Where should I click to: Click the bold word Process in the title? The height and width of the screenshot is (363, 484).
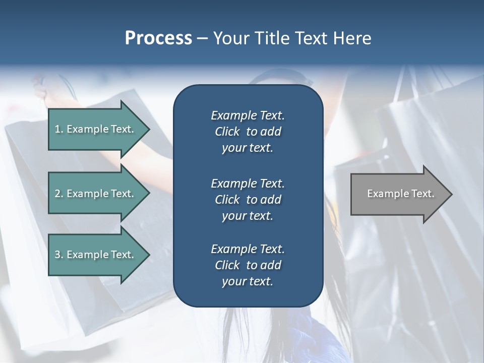click(x=158, y=38)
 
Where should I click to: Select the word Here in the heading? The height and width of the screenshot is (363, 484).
click(x=352, y=38)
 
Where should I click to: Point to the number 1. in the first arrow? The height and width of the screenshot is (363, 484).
click(x=58, y=129)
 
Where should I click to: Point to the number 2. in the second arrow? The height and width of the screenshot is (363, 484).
click(x=58, y=194)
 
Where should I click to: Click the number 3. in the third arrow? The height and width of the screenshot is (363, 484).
click(x=58, y=255)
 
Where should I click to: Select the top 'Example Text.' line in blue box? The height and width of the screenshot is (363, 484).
click(x=248, y=115)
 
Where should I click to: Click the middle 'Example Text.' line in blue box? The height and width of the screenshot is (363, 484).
click(x=248, y=184)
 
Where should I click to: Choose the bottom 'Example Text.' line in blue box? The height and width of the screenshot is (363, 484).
click(x=248, y=249)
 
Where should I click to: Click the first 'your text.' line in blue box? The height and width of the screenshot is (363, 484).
click(x=248, y=148)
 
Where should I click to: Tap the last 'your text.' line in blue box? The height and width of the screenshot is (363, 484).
click(x=248, y=282)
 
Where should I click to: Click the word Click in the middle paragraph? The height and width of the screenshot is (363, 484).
click(x=227, y=200)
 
